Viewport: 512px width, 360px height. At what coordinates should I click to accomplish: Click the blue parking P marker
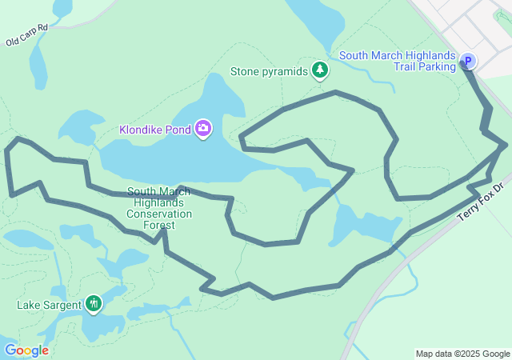coord(467,61)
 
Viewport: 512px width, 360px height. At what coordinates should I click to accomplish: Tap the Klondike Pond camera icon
coord(203,128)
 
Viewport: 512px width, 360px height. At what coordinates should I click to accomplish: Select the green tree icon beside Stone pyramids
coord(320,70)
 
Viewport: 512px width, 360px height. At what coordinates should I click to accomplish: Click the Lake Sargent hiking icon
coord(94,303)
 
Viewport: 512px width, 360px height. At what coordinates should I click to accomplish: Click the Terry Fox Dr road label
coord(482,204)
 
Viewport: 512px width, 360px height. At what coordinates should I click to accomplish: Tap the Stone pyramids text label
coord(269,71)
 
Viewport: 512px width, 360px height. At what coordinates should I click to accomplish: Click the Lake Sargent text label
coord(49,305)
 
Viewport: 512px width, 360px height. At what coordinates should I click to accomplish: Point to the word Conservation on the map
coord(159,214)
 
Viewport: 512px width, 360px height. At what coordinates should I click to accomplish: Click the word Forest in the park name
coord(158,225)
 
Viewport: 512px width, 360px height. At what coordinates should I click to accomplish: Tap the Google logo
coord(26,350)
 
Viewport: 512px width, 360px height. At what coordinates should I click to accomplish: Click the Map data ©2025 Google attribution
coord(462,354)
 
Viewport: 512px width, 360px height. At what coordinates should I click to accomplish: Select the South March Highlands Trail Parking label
coord(397,61)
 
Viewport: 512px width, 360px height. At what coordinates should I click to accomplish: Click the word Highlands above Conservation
coord(158,203)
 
